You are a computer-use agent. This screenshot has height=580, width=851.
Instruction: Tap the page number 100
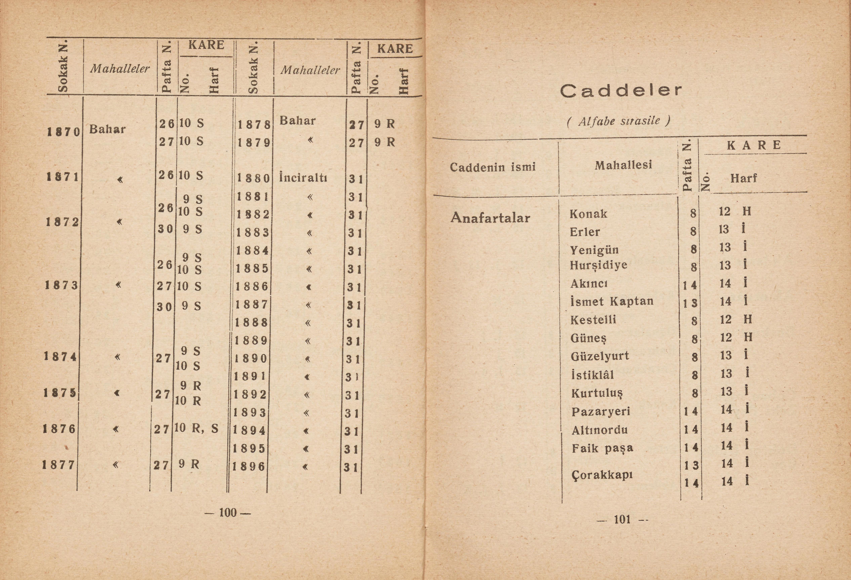coord(228,512)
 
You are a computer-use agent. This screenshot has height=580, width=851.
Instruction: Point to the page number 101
coord(622,519)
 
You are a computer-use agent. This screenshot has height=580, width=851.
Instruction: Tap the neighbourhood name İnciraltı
coord(303,178)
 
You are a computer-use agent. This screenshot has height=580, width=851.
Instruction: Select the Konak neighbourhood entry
coord(588,214)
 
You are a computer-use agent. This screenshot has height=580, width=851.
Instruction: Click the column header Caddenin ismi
coord(493,167)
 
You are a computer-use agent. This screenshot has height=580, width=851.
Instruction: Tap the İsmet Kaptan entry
coord(612,301)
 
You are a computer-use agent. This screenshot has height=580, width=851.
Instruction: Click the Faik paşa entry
coord(602,448)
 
